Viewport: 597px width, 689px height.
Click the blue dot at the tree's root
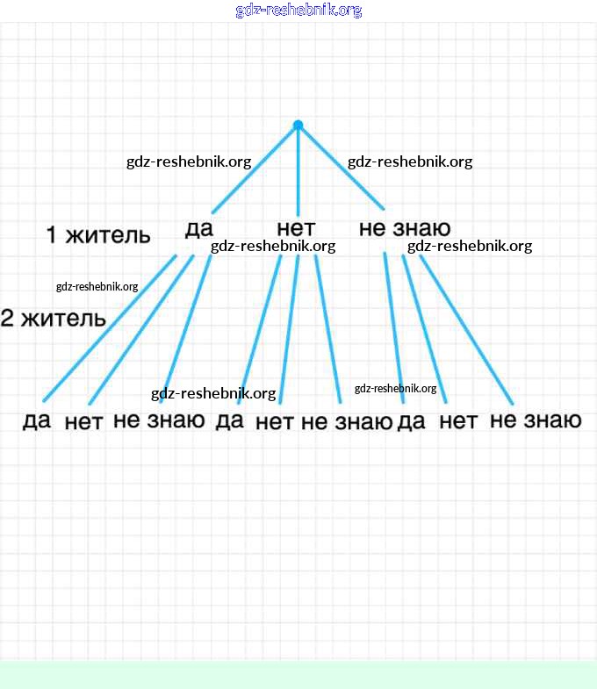(x=298, y=126)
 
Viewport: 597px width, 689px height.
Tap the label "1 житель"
(x=97, y=235)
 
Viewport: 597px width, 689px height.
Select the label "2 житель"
(x=53, y=319)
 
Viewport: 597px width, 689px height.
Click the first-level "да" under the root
(x=199, y=229)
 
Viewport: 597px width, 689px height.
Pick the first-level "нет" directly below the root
(x=295, y=229)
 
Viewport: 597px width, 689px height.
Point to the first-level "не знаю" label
(x=405, y=229)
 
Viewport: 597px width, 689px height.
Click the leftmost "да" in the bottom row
(x=37, y=421)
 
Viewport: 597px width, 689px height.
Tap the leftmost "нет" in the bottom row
(x=83, y=422)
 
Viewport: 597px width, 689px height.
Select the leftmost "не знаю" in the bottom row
(x=159, y=420)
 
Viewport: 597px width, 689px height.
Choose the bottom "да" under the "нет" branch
(x=229, y=421)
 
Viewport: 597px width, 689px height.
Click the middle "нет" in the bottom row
(x=274, y=422)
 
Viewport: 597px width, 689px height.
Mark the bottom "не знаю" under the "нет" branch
(x=346, y=421)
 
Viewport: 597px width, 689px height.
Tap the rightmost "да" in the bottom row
(x=411, y=421)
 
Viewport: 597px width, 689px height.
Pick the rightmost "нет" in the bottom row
(x=458, y=421)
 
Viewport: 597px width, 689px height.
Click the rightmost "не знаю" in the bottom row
(x=536, y=420)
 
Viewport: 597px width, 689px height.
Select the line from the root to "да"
(x=255, y=169)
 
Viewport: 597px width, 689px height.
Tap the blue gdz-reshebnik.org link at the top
(x=298, y=11)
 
